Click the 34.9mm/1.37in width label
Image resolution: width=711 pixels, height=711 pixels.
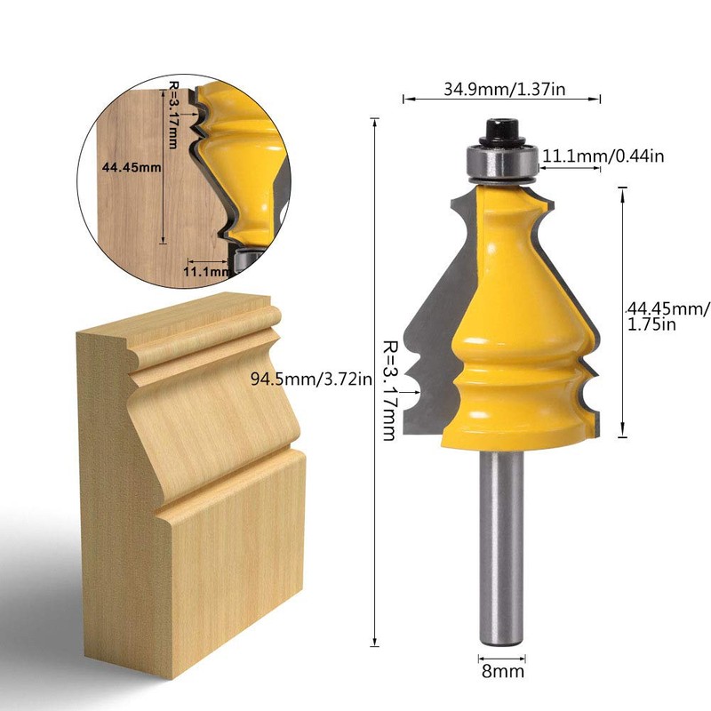click(502, 89)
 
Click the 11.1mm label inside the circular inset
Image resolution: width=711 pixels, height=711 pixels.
click(203, 270)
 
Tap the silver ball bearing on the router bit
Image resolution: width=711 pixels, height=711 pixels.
click(501, 164)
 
